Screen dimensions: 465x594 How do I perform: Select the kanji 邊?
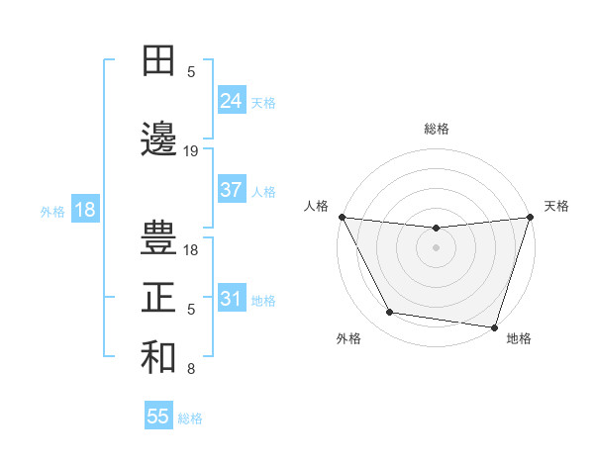(x=158, y=137)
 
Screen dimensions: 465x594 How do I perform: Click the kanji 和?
(x=158, y=357)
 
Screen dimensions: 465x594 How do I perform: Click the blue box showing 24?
(x=231, y=100)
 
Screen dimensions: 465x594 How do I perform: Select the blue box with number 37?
(x=231, y=190)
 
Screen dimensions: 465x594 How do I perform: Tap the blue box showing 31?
(x=231, y=299)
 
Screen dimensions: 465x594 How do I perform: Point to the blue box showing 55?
(x=158, y=417)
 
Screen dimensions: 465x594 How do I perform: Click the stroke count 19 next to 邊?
(x=191, y=151)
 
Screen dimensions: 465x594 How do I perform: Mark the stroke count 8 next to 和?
(x=191, y=370)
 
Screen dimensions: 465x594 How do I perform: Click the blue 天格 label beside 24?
(x=263, y=102)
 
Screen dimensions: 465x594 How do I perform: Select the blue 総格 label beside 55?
(x=190, y=418)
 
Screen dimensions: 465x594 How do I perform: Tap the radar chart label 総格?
(x=436, y=129)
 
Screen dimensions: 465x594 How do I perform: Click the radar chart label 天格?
(x=556, y=206)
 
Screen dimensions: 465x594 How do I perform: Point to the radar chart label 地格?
(x=519, y=338)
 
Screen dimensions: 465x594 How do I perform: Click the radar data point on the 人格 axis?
(x=343, y=217)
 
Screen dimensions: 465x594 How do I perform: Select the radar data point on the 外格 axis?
(x=390, y=313)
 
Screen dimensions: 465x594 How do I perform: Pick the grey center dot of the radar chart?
(x=436, y=247)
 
